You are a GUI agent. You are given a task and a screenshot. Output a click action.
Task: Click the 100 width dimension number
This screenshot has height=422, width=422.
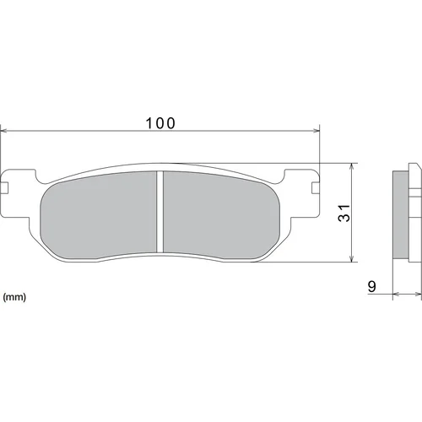[x=160, y=123]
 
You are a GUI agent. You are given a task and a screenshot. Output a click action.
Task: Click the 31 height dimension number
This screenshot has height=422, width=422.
[x=344, y=213]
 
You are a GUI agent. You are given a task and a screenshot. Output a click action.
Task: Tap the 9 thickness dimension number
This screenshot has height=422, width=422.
[x=371, y=286]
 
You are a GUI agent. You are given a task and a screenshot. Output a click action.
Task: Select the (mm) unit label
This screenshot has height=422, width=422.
[x=14, y=297]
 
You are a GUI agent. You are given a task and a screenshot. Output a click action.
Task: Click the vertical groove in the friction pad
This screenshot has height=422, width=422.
[x=160, y=212]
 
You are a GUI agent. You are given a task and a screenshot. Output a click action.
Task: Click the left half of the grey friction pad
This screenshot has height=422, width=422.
[x=99, y=216]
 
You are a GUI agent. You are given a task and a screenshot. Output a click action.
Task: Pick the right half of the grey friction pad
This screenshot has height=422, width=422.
[x=221, y=216]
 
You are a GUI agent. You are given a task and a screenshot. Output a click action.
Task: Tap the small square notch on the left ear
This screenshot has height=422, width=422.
[x=4, y=187]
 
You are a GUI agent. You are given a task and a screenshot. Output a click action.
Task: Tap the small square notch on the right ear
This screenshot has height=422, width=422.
[x=316, y=187]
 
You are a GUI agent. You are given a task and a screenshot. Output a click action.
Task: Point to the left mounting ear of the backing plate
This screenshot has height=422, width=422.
[x=18, y=193]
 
